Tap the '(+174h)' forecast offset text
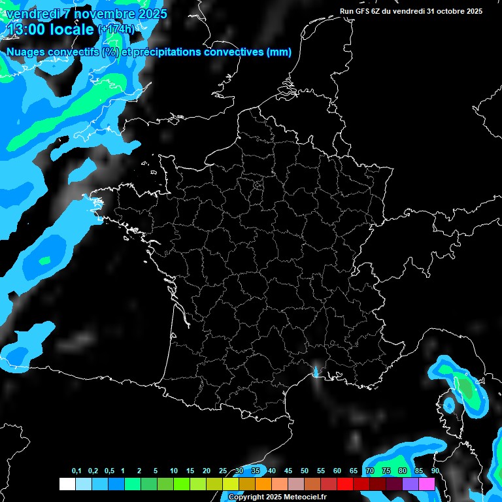(116, 29)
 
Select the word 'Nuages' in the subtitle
(26, 52)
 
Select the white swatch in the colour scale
(67, 484)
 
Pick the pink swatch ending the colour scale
(426, 484)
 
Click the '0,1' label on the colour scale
(76, 471)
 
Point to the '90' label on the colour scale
(435, 471)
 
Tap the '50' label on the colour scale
(305, 471)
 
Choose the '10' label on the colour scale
(174, 471)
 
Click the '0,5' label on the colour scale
(109, 471)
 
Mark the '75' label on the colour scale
(386, 471)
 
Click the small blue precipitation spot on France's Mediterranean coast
(316, 372)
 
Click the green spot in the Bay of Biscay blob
(44, 260)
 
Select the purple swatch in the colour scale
(410, 484)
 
